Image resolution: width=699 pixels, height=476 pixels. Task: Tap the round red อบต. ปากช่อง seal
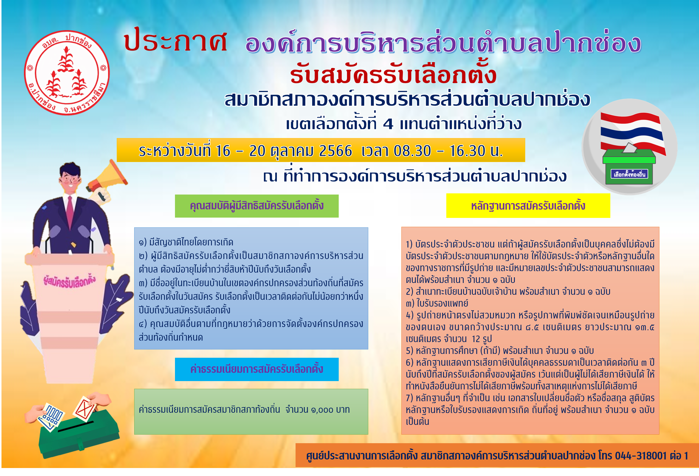click(67, 72)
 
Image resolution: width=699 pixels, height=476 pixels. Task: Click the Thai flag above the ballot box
click(633, 132)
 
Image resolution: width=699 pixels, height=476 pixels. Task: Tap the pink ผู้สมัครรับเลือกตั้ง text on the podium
click(69, 281)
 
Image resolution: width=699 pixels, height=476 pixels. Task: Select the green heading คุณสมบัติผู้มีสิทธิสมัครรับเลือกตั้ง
click(257, 206)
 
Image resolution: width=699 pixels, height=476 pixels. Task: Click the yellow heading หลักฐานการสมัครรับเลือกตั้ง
click(528, 206)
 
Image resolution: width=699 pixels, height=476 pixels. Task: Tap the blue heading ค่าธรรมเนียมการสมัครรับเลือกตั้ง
click(257, 369)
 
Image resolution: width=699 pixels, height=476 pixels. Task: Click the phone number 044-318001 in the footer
click(641, 456)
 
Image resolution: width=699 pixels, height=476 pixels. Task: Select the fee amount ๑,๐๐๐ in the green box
click(322, 409)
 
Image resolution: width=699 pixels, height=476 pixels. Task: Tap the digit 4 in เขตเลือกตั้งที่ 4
click(388, 124)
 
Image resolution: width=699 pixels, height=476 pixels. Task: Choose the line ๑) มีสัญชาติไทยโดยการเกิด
click(186, 242)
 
